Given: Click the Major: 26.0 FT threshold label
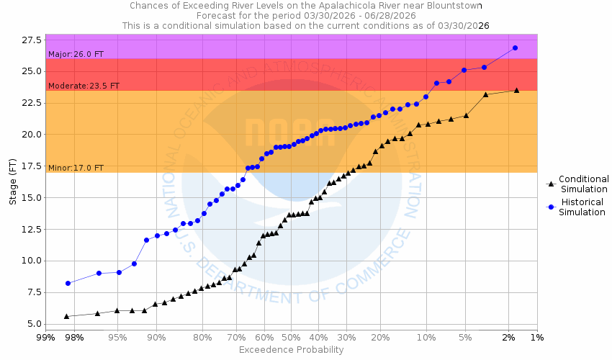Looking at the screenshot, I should (76, 54).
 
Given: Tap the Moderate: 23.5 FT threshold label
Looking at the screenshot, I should (84, 86).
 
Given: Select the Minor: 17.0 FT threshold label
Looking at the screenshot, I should (76, 168).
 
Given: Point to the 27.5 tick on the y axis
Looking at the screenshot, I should (31, 40).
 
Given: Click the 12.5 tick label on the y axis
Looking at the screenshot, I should (31, 230).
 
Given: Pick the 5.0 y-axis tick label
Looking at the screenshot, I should (34, 324).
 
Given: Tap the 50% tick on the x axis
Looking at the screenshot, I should (291, 338).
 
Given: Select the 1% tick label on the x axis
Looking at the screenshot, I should (537, 338).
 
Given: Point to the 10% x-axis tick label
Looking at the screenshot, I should (426, 338).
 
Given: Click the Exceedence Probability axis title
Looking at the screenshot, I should (291, 350).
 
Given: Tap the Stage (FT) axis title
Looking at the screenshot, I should (13, 180).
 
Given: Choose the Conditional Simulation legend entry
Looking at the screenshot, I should (583, 184).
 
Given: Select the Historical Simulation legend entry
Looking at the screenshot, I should (583, 207).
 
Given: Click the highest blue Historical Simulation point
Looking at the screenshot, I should (515, 48).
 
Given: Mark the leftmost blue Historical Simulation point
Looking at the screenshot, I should (68, 283).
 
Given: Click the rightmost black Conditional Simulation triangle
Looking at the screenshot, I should (516, 90).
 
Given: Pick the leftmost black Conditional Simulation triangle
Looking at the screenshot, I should (66, 316).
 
